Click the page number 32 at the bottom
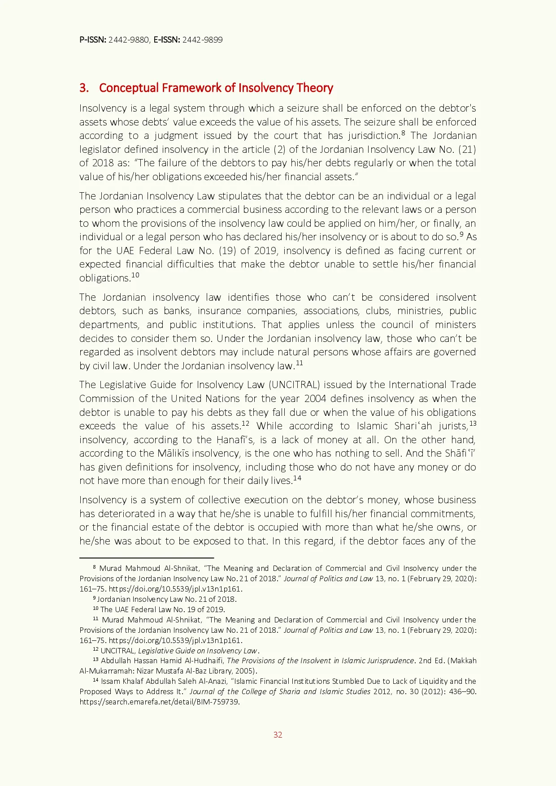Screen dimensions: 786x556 pos(278,735)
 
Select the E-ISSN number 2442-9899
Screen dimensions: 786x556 pos(202,40)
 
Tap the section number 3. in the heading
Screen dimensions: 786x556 pos(84,88)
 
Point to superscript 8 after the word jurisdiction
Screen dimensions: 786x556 pos(404,133)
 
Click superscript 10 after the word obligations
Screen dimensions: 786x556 pos(135,275)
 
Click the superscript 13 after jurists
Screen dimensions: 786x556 pos(473,423)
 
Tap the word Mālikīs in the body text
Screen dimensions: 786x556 pos(174,453)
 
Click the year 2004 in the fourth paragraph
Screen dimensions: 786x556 pos(316,399)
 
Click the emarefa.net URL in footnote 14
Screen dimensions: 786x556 pos(160,702)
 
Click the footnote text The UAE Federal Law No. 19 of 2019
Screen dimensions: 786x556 pos(163,609)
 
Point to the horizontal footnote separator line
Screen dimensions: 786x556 pos(147,558)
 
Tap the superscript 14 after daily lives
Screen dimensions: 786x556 pos(297,479)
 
